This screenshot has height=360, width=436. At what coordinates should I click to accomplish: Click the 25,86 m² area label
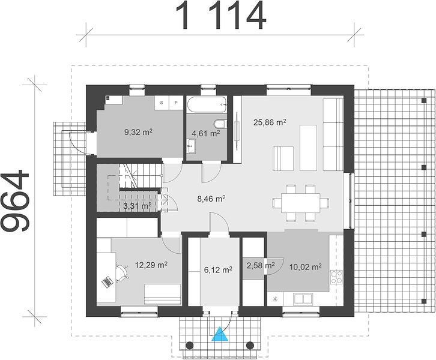pos(270,122)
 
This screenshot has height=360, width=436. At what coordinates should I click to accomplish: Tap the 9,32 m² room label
pos(138,132)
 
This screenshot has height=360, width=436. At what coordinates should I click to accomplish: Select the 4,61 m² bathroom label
pos(206,133)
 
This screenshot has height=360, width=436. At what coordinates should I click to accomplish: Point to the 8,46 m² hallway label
pos(211,199)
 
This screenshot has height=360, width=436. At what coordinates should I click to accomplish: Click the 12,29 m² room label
pos(151,265)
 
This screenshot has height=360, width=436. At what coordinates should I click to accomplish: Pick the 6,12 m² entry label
pos(218,269)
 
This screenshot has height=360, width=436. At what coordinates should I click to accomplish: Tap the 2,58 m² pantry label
pos(261,265)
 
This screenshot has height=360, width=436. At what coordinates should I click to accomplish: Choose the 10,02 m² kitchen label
pos(305,267)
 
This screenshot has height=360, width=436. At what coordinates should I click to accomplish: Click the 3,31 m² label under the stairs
pos(137,206)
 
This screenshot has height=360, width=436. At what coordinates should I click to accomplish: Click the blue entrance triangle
pos(220,334)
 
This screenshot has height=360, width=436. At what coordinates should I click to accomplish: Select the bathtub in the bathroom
pos(207,104)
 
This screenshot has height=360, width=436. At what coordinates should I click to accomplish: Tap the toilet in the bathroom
pos(221,124)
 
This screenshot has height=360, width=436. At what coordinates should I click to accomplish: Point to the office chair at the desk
pos(123,273)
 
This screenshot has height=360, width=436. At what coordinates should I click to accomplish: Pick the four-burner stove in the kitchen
pos(336,277)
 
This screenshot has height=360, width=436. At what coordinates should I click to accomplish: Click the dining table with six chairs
pos(301,203)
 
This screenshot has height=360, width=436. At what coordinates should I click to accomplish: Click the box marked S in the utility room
pos(162,103)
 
